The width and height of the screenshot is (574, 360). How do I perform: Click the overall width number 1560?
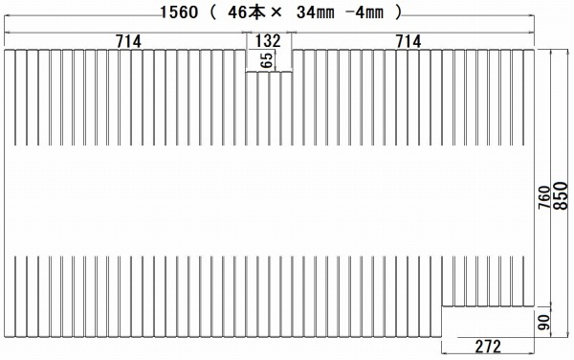tap(180, 12)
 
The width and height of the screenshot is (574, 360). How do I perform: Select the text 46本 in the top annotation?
tap(246, 12)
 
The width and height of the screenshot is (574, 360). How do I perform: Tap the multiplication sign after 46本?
tap(276, 13)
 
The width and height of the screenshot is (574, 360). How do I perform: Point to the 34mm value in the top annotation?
tap(315, 12)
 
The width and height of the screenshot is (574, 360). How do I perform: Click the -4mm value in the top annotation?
tap(364, 12)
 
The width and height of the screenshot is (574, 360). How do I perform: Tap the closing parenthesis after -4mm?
tap(398, 12)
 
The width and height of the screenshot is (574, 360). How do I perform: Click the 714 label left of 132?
tap(128, 41)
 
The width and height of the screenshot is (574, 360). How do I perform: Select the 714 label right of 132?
tap(408, 41)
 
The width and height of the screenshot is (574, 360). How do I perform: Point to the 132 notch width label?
tap(268, 41)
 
